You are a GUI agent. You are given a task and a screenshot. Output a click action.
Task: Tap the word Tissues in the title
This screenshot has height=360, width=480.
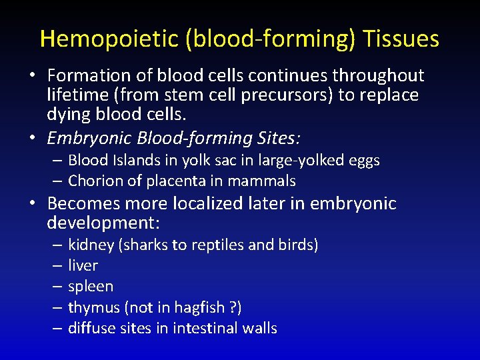401,39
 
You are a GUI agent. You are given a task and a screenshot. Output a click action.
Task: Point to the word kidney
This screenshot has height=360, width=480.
91,245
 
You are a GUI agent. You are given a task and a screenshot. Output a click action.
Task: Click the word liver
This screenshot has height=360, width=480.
83,265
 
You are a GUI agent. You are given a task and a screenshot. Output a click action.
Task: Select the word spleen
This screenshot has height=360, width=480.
91,286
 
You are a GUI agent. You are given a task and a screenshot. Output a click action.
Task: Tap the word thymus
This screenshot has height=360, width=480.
93,307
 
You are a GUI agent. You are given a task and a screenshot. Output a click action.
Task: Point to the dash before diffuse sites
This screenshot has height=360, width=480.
57,328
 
